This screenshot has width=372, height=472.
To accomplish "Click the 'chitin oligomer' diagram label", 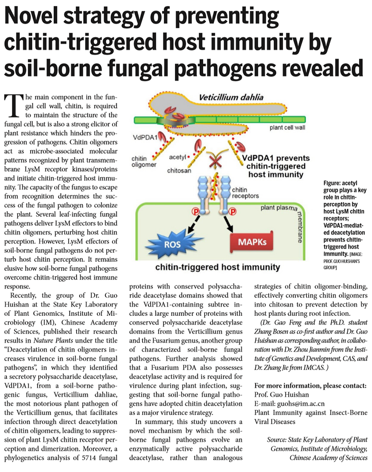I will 143,162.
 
